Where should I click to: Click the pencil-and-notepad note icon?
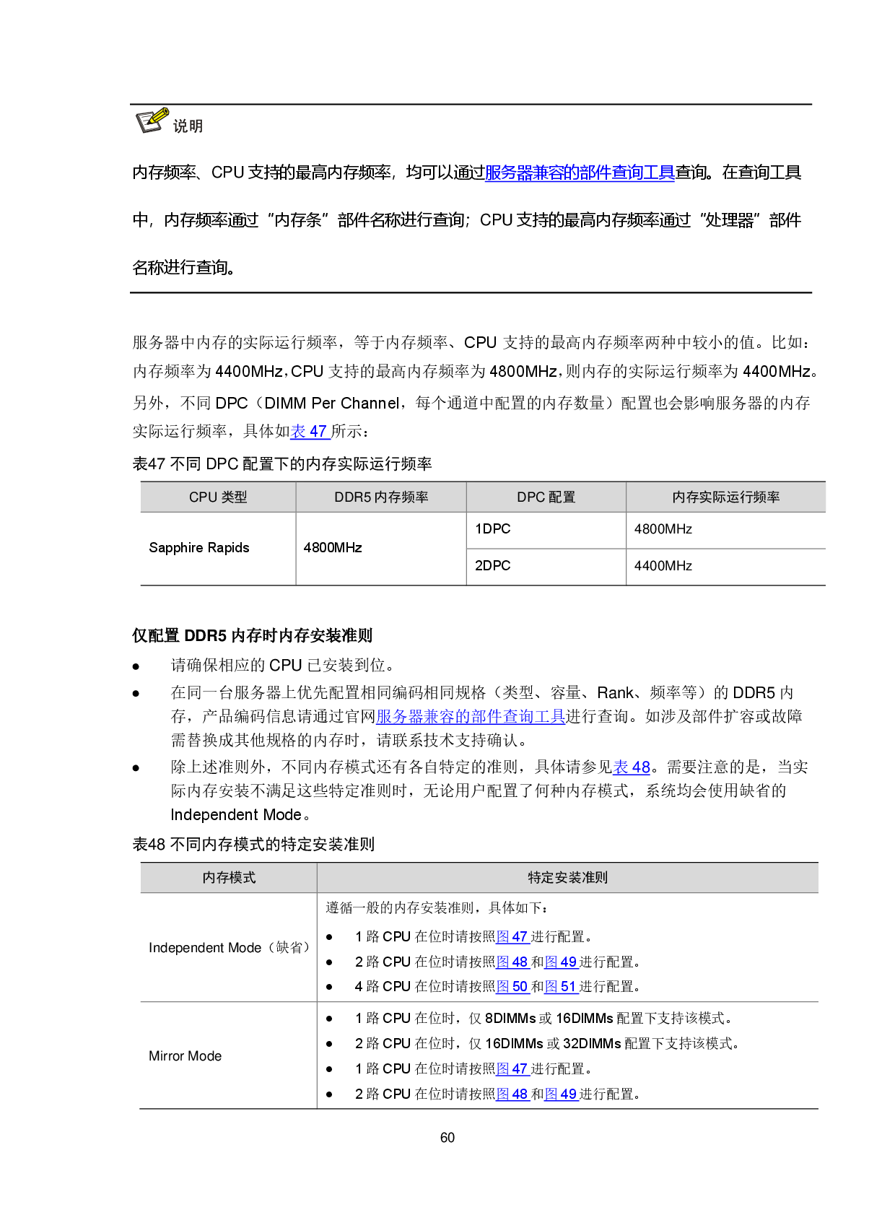[152, 120]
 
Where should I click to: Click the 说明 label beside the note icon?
[188, 126]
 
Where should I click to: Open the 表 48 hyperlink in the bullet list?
[631, 767]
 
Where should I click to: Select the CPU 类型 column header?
[218, 497]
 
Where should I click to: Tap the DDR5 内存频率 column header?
[381, 497]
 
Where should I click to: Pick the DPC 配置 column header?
[546, 497]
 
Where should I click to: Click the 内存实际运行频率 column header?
[725, 497]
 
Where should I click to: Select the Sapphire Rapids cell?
[199, 548]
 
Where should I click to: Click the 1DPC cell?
[492, 529]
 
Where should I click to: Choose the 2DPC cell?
[492, 566]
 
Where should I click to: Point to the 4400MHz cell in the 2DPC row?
[663, 566]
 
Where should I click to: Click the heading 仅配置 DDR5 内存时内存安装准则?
[252, 636]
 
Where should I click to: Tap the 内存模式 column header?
[229, 878]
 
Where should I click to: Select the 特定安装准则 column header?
[567, 878]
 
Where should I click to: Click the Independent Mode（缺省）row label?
[230, 948]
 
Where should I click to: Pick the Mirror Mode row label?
[185, 1056]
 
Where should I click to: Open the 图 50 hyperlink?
[512, 987]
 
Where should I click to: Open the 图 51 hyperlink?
[560, 987]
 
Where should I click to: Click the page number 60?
[447, 1138]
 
